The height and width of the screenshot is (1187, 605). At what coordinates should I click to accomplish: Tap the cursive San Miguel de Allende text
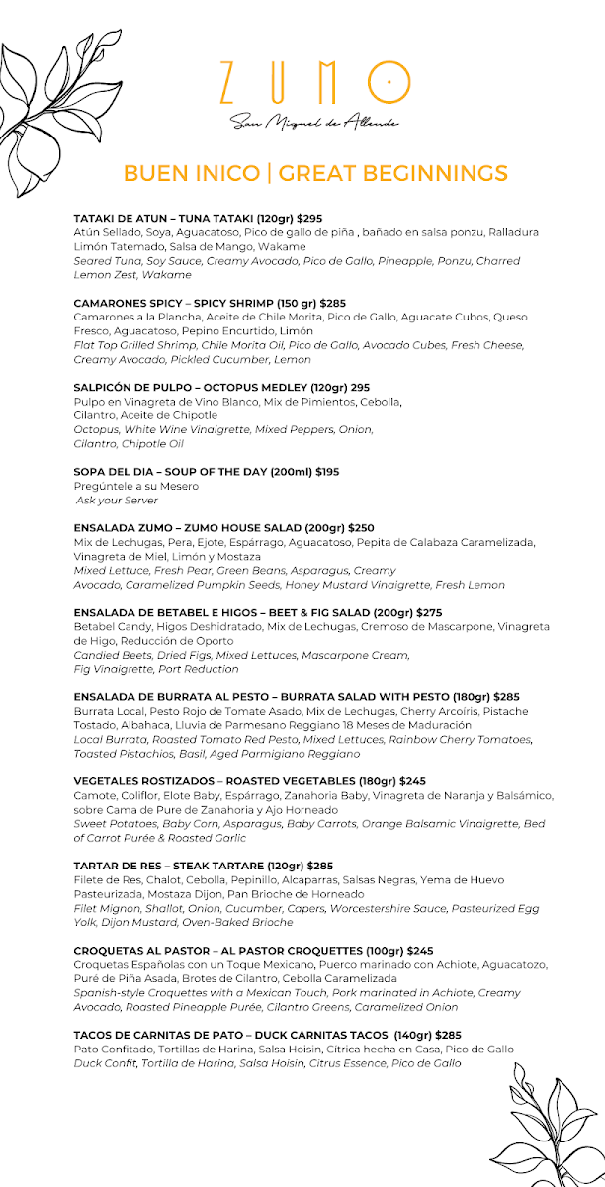[x=314, y=123]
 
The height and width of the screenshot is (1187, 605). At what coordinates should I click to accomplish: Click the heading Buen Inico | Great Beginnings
[x=315, y=174]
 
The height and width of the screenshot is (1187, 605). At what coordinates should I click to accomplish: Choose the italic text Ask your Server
[x=117, y=501]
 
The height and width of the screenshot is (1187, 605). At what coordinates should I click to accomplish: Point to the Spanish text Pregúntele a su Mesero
[x=135, y=487]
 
